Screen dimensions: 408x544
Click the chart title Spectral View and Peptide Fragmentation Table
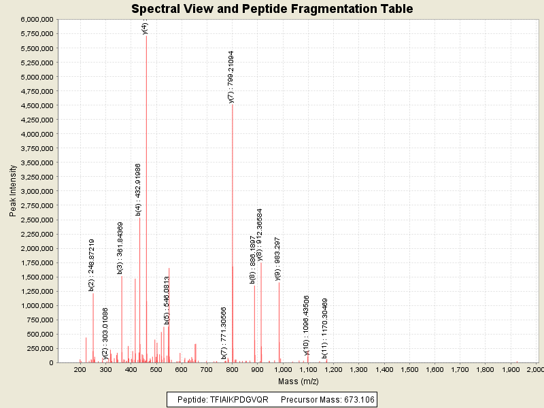tap(272, 9)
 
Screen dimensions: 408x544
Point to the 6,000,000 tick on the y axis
tap(37, 20)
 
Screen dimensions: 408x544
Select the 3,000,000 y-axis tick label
tap(37, 191)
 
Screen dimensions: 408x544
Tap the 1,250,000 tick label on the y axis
tap(37, 291)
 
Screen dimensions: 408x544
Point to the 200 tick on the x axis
tap(80, 369)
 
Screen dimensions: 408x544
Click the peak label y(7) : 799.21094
tap(232, 76)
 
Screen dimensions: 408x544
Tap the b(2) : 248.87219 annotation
tap(92, 265)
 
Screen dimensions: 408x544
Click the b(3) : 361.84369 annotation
tap(121, 248)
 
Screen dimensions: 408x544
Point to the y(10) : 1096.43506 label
tap(307, 325)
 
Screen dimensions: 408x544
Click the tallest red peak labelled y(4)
tap(146, 204)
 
